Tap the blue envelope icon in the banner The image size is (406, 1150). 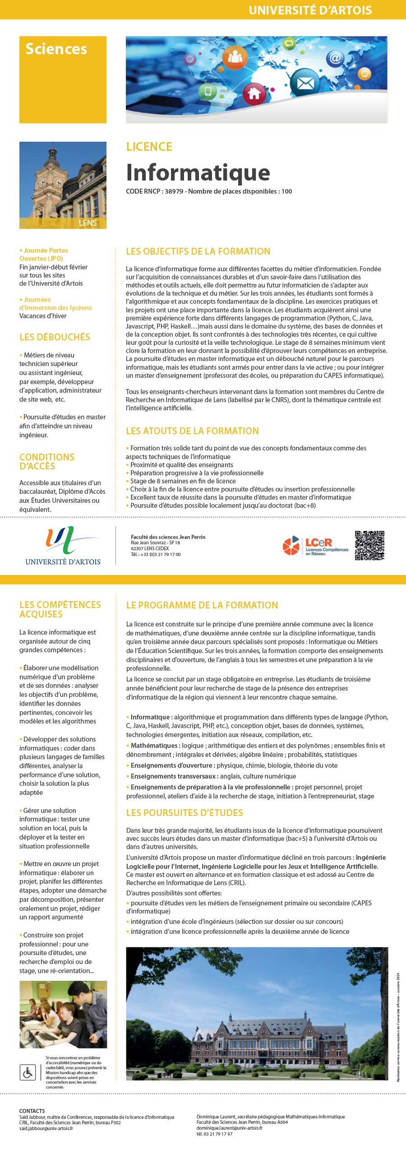coord(302,83)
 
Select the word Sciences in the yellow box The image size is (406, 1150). coord(56,49)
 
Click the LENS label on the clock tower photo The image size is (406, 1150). coord(88,223)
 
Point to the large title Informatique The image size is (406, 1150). coord(198,172)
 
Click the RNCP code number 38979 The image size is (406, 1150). coord(174,191)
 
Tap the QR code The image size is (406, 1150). coord(369,545)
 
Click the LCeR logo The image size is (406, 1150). coord(316,545)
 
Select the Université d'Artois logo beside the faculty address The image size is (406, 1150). coord(63,546)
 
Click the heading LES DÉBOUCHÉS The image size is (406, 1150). coord(55,337)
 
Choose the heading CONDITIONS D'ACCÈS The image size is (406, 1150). coord(46,461)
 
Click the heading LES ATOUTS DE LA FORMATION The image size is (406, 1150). coord(192,431)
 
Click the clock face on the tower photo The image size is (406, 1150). coord(58,182)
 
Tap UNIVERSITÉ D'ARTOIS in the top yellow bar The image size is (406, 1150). coord(310,10)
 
